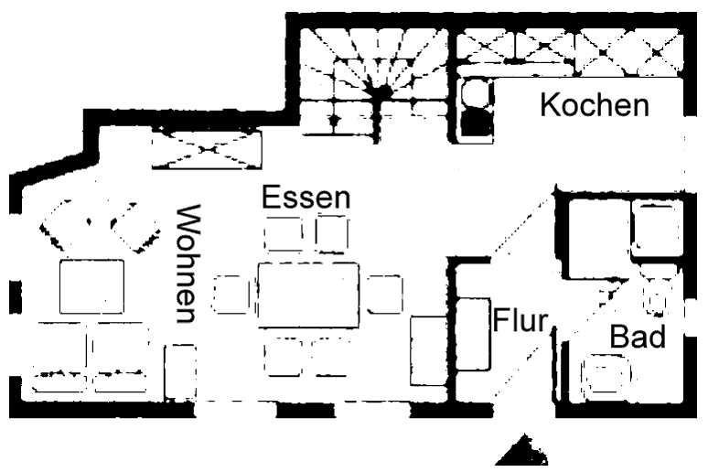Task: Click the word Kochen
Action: pos(595,105)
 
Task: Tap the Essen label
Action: pos(306,198)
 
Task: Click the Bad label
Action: pos(638,337)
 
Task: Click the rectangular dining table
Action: pos(308,295)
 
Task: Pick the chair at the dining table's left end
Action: pos(231,294)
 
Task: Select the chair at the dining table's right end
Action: pos(384,295)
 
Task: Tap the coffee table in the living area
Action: pos(91,286)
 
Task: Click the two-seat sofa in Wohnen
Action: pos(91,357)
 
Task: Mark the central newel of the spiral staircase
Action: pos(380,92)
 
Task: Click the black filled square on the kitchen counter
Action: pos(477,123)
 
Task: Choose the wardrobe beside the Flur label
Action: pos(473,334)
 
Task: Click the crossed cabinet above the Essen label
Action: pos(207,149)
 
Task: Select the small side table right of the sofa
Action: pos(180,372)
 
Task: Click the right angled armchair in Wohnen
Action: pos(135,227)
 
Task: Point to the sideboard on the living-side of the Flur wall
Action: pos(428,351)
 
